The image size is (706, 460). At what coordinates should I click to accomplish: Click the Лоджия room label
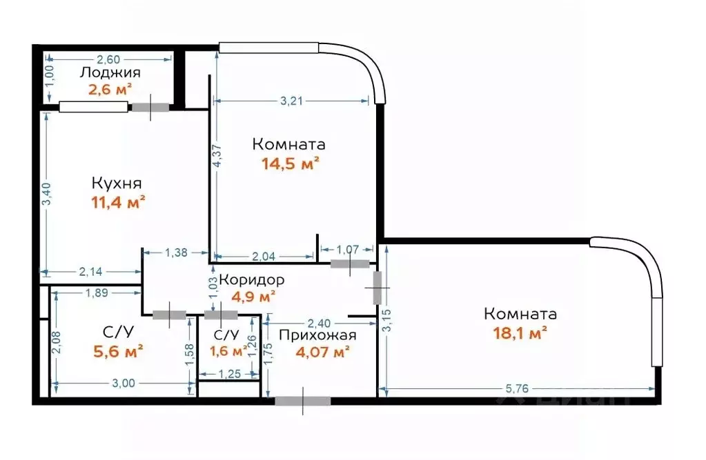point(110,72)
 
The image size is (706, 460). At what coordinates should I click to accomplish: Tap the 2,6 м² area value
point(110,89)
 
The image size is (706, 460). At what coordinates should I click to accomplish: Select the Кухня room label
point(117,183)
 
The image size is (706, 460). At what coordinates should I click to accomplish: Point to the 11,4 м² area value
point(117,202)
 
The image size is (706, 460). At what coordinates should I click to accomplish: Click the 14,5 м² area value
point(289,163)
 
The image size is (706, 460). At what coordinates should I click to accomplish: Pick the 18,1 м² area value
point(519,332)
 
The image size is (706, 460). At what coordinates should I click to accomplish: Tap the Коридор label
point(252,280)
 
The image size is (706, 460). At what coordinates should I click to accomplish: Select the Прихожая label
point(317,335)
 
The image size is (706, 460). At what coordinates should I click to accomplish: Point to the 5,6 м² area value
point(118,352)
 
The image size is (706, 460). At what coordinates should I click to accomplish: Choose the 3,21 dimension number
point(293,101)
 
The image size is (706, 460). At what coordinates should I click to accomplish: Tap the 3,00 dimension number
point(123,384)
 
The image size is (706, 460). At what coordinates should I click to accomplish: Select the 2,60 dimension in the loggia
point(108,59)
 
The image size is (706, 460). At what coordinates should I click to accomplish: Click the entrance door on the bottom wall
point(302,401)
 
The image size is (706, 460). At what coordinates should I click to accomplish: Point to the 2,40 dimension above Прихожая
point(319,322)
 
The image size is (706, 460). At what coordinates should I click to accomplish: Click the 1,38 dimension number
point(177,252)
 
